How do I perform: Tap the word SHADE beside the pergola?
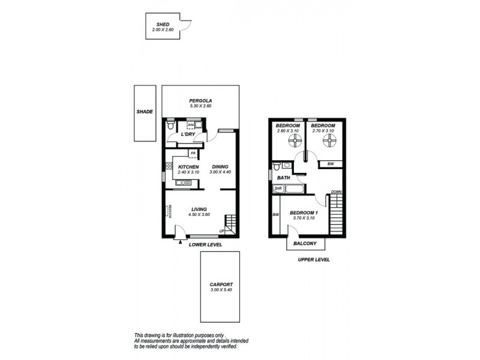click(x=145, y=112)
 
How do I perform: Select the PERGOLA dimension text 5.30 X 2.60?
click(x=200, y=106)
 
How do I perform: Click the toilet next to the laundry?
click(x=171, y=126)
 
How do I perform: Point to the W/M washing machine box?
click(x=191, y=125)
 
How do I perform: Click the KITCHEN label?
click(x=188, y=167)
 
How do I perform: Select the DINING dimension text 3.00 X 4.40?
click(x=220, y=172)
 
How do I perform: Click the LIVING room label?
click(x=199, y=209)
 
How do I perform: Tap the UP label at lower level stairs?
click(x=223, y=231)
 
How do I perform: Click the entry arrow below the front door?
click(x=180, y=241)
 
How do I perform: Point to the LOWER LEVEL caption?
click(x=205, y=245)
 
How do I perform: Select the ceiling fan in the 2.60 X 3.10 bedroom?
click(x=294, y=141)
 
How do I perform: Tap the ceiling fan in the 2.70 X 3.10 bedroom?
click(x=328, y=141)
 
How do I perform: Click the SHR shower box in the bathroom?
click(x=278, y=188)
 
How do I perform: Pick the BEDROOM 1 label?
click(x=304, y=213)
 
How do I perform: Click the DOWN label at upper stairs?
click(x=337, y=192)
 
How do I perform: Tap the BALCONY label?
click(x=305, y=244)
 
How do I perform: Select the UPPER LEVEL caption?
click(x=314, y=260)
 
